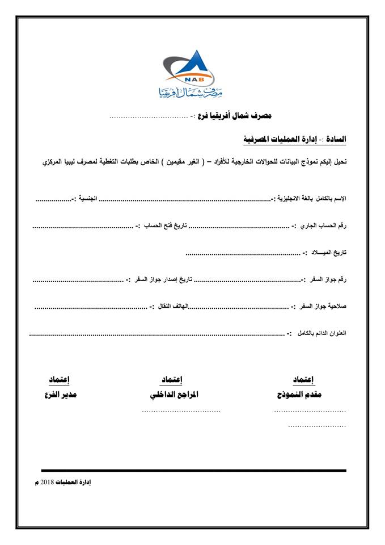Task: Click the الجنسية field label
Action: pos(85,199)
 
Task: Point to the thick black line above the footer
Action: pos(193,470)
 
